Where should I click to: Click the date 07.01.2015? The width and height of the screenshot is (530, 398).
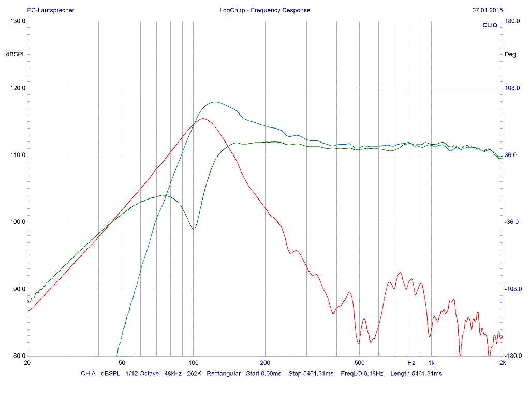pos(488,10)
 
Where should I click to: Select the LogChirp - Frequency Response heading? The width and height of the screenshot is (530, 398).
pos(264,10)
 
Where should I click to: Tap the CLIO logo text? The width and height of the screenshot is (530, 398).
pos(490,25)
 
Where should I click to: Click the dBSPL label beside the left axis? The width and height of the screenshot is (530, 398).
pos(16,54)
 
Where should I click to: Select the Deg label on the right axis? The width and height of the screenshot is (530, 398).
pos(510,54)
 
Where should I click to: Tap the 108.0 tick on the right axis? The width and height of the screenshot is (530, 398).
pos(512,88)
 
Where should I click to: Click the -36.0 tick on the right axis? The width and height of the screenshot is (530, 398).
pos(512,222)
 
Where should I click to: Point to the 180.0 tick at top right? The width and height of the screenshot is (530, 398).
pos(512,21)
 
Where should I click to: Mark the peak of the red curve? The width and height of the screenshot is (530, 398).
pos(203,119)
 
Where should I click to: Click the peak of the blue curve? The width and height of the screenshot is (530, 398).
pos(214,102)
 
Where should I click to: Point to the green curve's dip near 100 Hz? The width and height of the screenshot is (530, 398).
pos(194,229)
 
